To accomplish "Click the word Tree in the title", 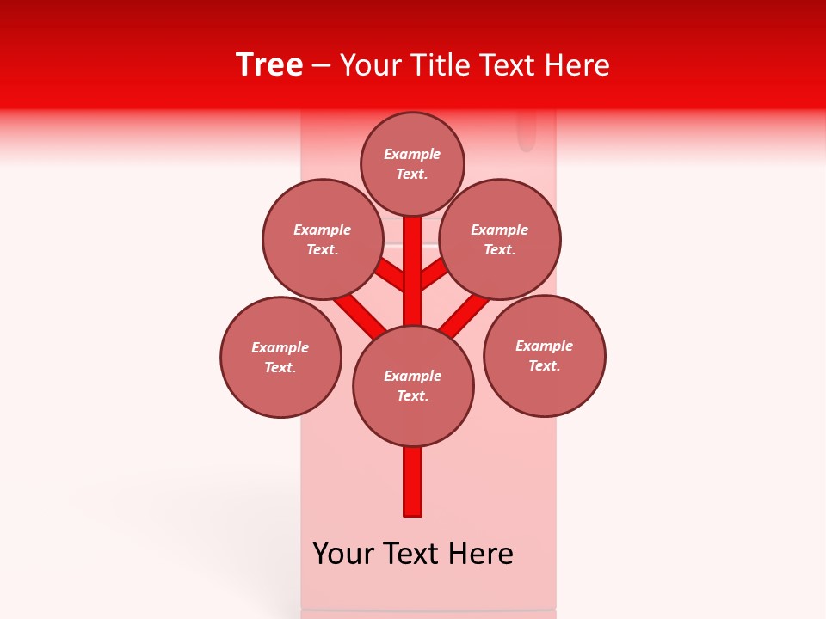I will pyautogui.click(x=269, y=64).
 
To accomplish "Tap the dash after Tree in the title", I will pyautogui.click(x=321, y=66).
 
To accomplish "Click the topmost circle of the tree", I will pyautogui.click(x=412, y=164).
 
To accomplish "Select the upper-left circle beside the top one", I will pyautogui.click(x=322, y=240).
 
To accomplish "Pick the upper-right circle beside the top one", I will pyautogui.click(x=500, y=240).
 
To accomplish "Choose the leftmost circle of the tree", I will pyautogui.click(x=280, y=357).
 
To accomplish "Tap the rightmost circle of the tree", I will pyautogui.click(x=545, y=356).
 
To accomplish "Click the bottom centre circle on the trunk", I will pyautogui.click(x=413, y=386).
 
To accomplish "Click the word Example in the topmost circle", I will pyautogui.click(x=412, y=155).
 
